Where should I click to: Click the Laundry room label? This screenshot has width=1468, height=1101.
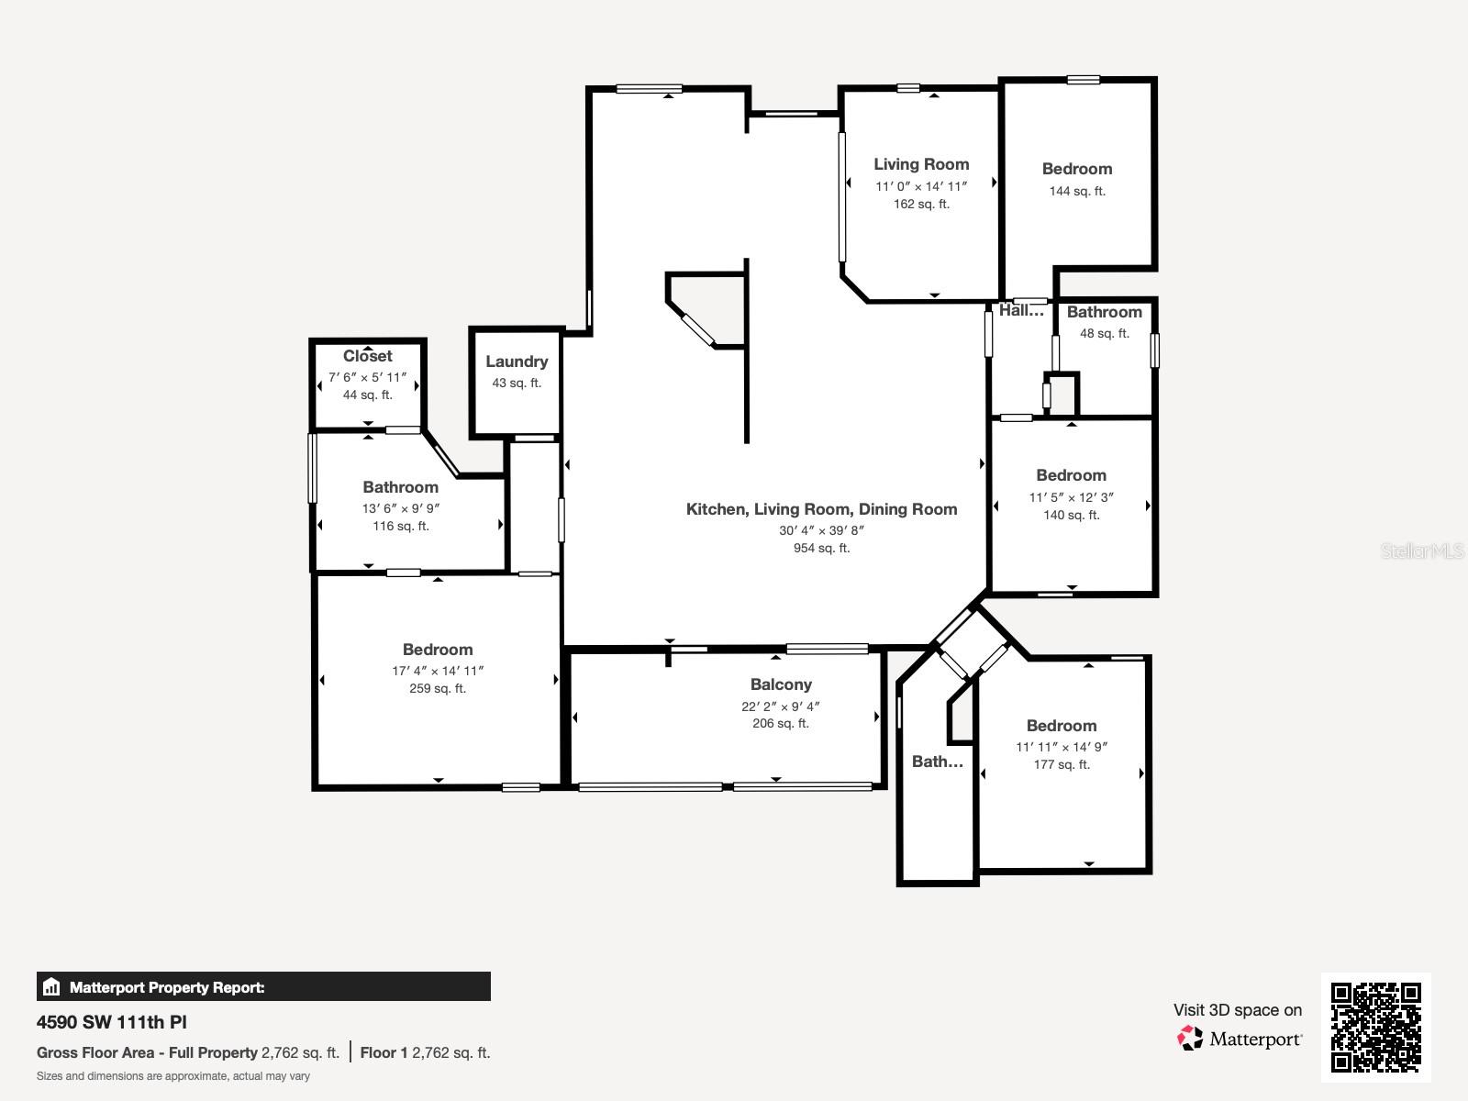[517, 361]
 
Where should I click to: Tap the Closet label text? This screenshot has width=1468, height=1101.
[367, 356]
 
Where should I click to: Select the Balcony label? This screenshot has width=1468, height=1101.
[781, 684]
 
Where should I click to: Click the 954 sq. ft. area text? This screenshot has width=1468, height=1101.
[821, 549]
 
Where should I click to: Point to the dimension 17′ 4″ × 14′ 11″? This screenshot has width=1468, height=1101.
[438, 671]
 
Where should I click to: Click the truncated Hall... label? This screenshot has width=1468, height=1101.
[1021, 311]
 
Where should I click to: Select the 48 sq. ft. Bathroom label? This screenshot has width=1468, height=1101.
[1104, 312]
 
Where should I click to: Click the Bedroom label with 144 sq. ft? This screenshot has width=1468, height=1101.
[1077, 169]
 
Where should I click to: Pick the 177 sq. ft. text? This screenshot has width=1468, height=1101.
[1062, 765]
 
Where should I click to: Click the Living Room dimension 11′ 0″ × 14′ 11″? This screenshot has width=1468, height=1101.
[921, 186]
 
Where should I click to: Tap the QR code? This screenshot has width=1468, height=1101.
[1375, 1028]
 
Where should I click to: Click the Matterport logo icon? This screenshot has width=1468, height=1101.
[1190, 1039]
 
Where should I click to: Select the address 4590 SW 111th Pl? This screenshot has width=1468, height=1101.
[112, 1022]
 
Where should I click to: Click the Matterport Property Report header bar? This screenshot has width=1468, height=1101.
[263, 987]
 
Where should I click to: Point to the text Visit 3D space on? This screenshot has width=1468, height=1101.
[1237, 1010]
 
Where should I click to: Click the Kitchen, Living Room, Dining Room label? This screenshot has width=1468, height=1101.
[821, 509]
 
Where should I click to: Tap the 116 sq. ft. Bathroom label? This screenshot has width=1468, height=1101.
[400, 487]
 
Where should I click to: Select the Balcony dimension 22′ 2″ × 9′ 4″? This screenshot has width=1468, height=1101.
[781, 706]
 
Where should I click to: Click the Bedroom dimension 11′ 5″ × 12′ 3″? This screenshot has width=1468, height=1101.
[1071, 497]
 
